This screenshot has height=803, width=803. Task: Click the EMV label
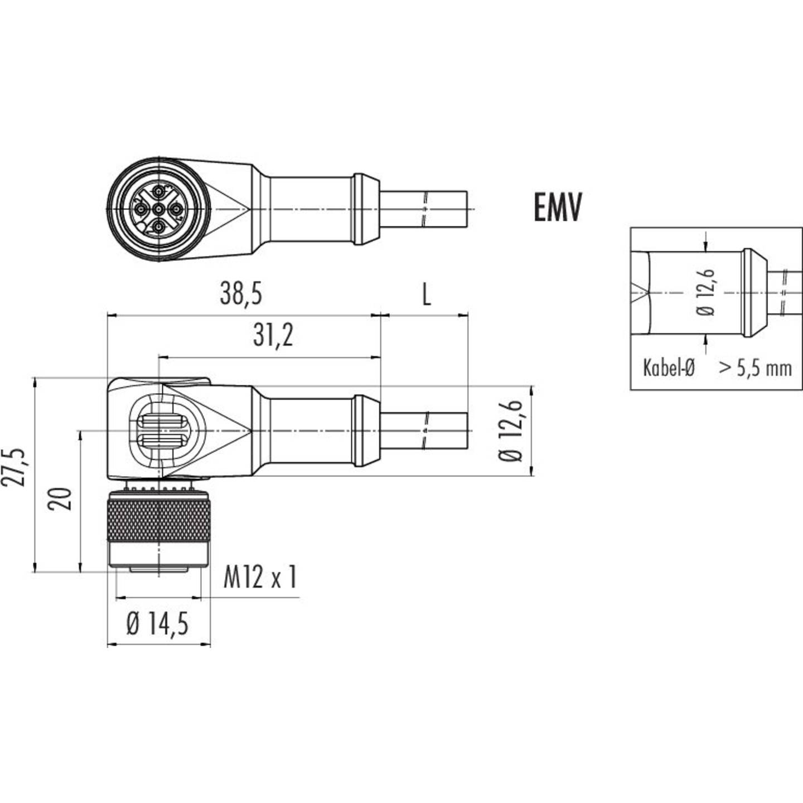click(558, 207)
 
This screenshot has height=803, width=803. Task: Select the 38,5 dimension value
click(241, 293)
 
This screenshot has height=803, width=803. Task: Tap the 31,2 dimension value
click(273, 335)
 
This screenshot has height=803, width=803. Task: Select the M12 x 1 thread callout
click(260, 577)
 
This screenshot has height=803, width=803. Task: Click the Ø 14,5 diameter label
click(158, 623)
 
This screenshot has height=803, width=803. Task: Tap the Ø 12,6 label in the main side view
click(511, 430)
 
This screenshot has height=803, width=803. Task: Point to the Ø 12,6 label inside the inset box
click(706, 292)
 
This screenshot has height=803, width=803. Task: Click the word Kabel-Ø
click(669, 368)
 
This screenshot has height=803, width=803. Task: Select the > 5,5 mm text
click(755, 368)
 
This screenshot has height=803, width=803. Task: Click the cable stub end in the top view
click(424, 210)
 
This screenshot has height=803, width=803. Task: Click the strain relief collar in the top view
click(366, 210)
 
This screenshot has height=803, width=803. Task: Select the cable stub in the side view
click(424, 431)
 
